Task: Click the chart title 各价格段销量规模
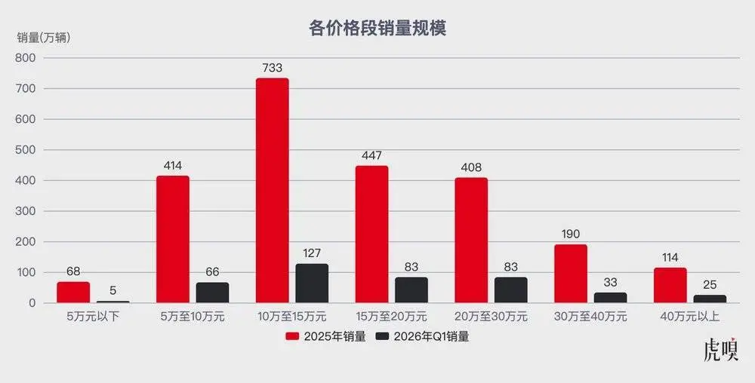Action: (377, 29)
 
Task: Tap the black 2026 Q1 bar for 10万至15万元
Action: (311, 283)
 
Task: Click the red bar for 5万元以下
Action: (73, 292)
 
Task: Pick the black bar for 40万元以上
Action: (710, 299)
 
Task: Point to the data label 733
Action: (272, 68)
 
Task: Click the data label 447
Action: (371, 155)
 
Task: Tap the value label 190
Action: (571, 234)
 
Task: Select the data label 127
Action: (311, 253)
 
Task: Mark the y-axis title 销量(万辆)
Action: (44, 38)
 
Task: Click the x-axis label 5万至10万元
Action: (193, 317)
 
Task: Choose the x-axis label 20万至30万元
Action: (491, 317)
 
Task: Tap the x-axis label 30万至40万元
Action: (590, 317)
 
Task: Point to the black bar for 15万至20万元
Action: (411, 290)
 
